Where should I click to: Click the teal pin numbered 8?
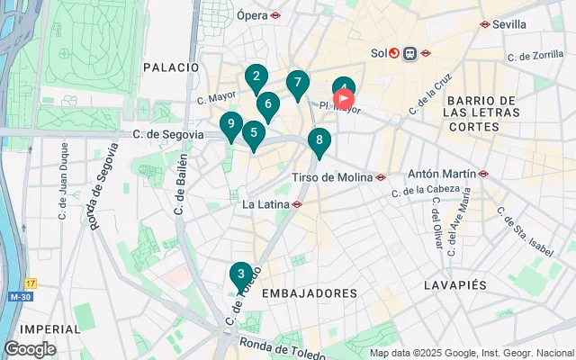point(319,141)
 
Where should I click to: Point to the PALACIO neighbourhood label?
point(170,67)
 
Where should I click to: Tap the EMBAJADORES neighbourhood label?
point(310,293)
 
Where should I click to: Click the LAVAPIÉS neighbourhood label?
point(454,284)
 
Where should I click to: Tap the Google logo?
point(30,349)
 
